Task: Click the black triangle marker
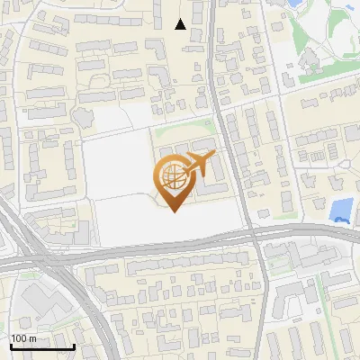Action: point(181,24)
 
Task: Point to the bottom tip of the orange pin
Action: point(172,211)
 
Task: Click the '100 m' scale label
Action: point(22,337)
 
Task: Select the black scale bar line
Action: point(41,346)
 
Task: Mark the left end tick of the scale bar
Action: point(11,345)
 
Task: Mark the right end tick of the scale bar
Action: point(73,345)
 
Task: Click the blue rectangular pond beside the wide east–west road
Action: point(340,211)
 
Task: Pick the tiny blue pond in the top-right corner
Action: point(350,8)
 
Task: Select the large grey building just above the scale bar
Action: point(36,306)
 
